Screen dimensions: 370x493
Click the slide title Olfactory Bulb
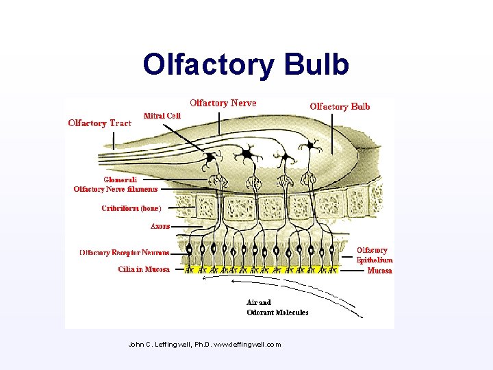(246, 64)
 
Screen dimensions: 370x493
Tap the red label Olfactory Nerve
(223, 103)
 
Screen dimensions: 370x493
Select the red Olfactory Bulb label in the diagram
(340, 106)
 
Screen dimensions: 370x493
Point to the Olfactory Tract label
(99, 123)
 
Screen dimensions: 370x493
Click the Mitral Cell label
(162, 116)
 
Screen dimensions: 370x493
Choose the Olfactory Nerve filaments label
(116, 189)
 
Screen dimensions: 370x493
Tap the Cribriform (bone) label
(131, 208)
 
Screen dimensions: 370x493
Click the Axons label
(160, 226)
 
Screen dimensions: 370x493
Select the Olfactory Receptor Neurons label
(124, 253)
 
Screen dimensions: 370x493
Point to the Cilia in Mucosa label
(144, 269)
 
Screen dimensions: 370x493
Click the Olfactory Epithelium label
(374, 255)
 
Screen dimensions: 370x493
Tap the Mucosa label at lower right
(379, 271)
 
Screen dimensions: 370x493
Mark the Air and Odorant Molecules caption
(277, 307)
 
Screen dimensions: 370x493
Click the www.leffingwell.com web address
(247, 344)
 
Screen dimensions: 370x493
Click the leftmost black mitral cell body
(210, 158)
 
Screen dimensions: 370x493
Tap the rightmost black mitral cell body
(312, 145)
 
